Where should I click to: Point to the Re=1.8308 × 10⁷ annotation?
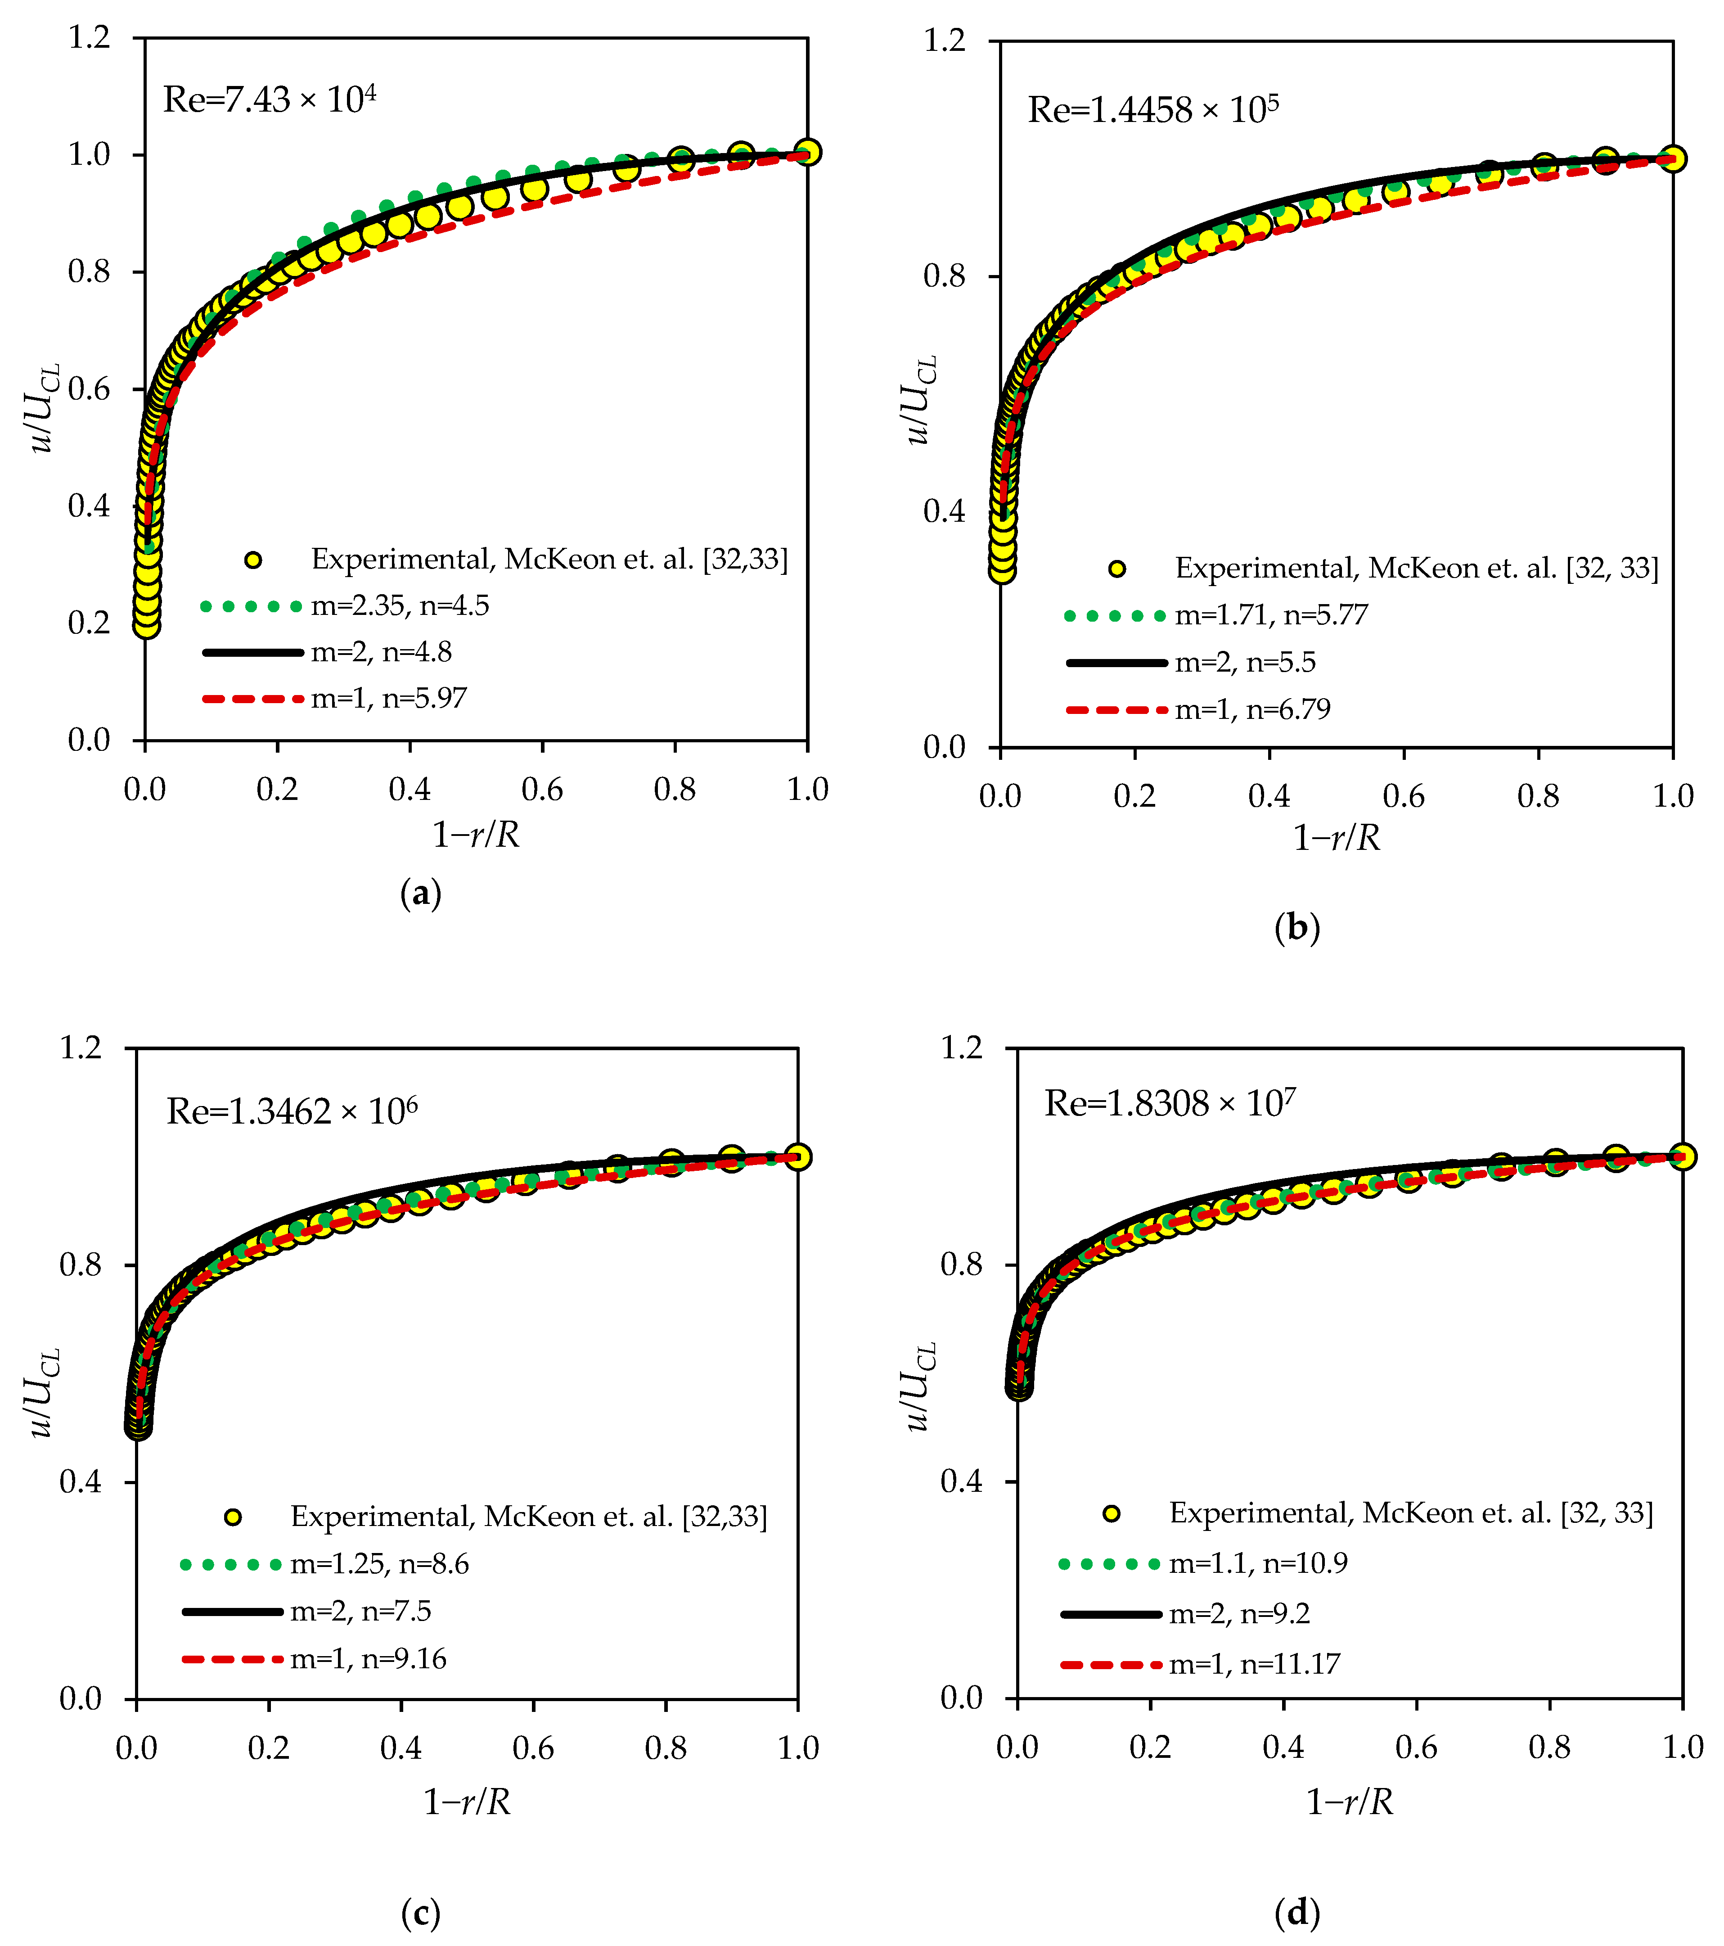[1170, 1103]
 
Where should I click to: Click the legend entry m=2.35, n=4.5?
[400, 605]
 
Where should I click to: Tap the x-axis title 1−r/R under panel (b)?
[1336, 838]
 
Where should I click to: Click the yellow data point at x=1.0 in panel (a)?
[807, 152]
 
